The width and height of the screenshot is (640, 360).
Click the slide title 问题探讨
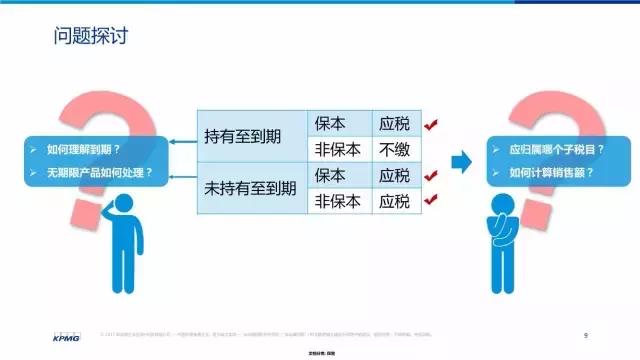pos(91,39)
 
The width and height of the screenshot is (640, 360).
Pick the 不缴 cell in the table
pos(394,150)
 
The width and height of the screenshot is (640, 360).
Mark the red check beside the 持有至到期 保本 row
pos(431,125)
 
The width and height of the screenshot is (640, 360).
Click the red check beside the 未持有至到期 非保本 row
pos(431,200)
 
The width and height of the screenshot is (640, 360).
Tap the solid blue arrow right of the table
pos(461,160)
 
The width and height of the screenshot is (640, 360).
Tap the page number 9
pos(585,333)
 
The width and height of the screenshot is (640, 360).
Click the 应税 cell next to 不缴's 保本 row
pos(394,125)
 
